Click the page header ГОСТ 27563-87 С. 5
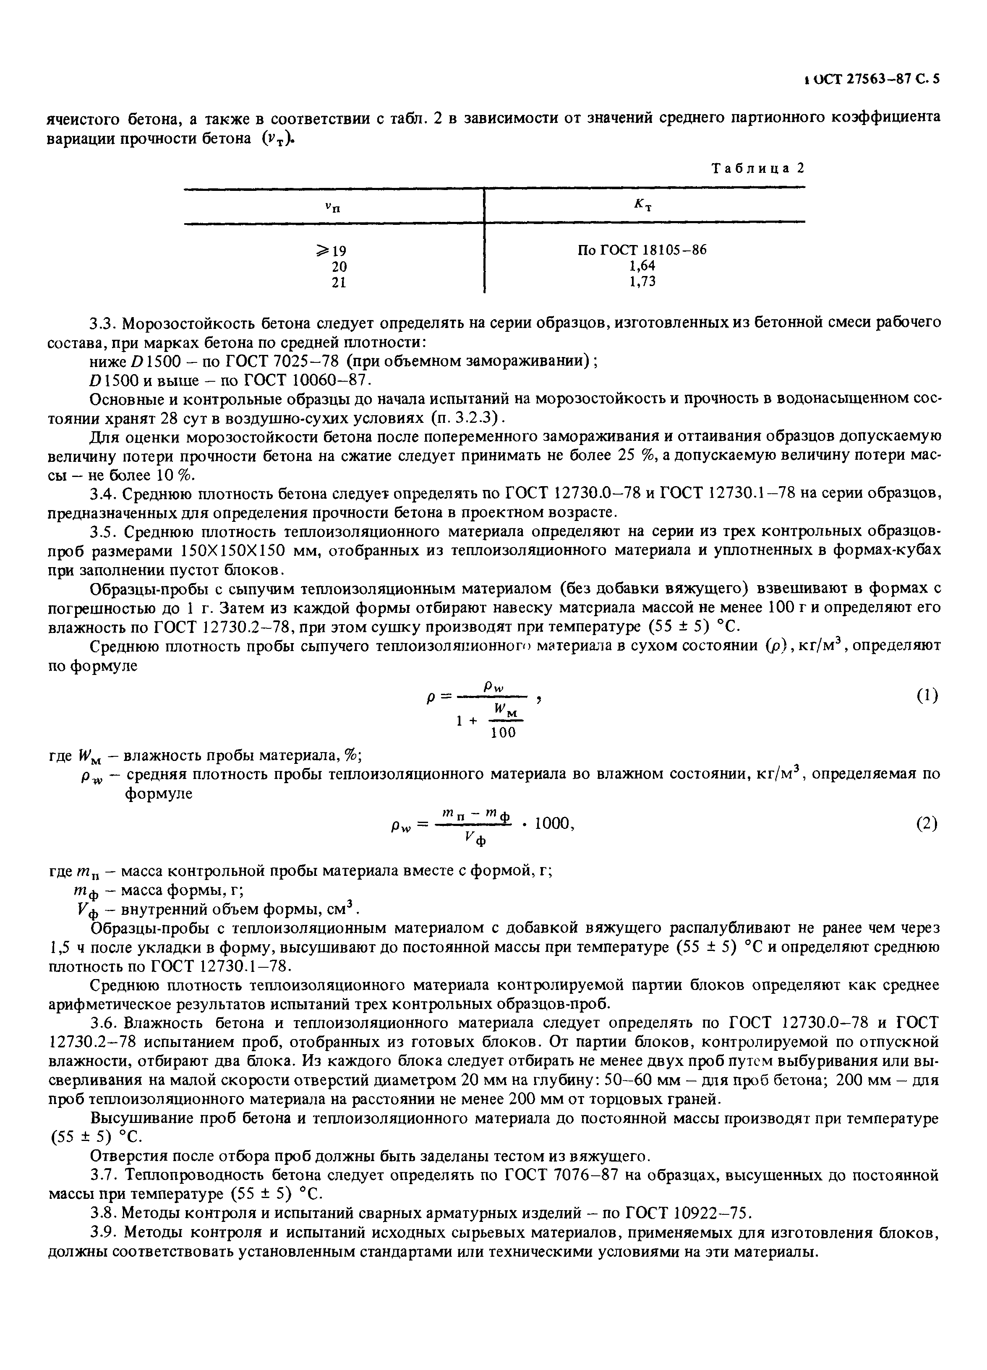pyautogui.click(x=871, y=79)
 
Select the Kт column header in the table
pyautogui.click(x=642, y=206)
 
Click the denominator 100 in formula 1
pyautogui.click(x=503, y=733)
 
